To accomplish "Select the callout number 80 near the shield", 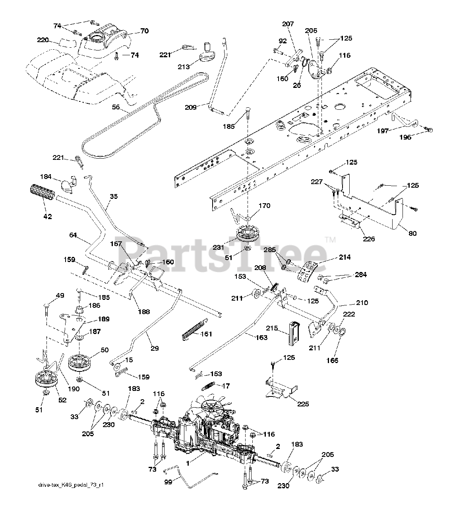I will [412, 233].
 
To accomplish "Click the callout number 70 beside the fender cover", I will [145, 31].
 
